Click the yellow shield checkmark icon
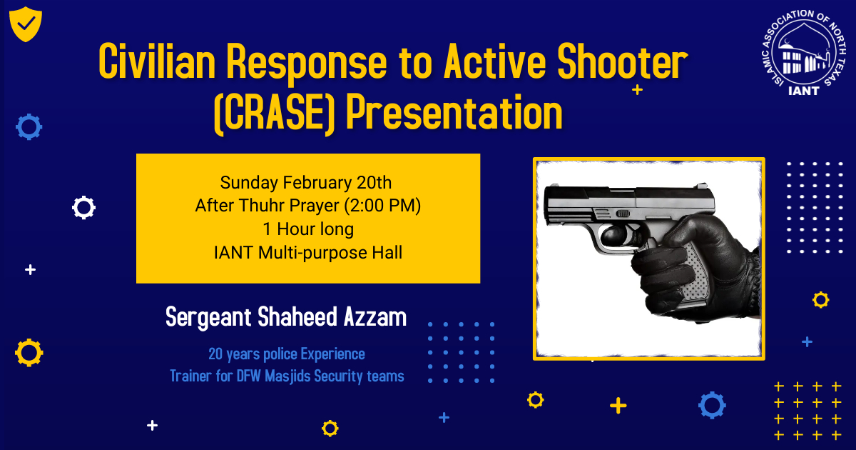coord(26,24)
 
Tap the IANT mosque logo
coord(804,52)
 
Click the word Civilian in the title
coord(157,61)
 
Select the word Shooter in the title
coord(623,61)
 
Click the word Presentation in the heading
coord(454,113)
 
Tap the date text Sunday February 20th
coord(306,183)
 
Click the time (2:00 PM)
coord(382,206)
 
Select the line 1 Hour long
coord(308,229)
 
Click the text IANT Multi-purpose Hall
coord(308,253)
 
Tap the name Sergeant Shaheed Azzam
coord(286,317)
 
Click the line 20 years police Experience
coord(287,354)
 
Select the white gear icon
coord(83,207)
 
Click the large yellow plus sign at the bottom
coord(618,406)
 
